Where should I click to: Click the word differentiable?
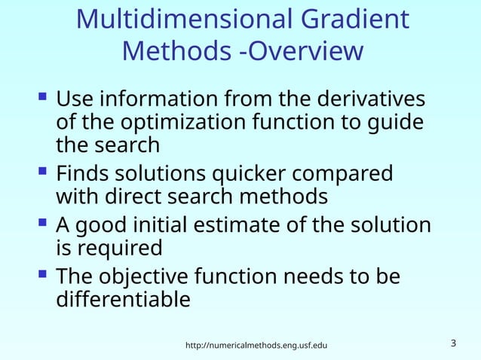click(x=123, y=299)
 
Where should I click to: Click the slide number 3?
click(x=453, y=344)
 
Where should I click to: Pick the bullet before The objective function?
click(x=42, y=276)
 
